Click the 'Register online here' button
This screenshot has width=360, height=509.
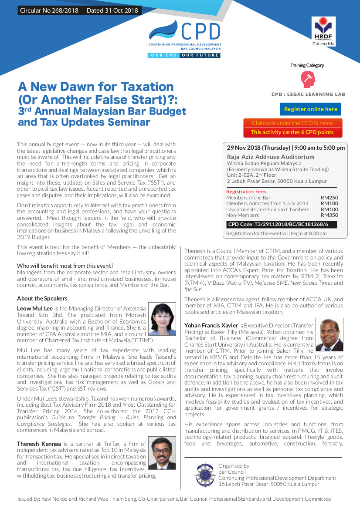(310, 109)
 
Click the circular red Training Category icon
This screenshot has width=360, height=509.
(308, 80)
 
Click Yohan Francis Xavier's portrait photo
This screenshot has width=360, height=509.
(329, 335)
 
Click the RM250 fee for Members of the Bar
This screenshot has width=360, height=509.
(329, 198)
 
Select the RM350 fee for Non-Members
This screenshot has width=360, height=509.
(329, 215)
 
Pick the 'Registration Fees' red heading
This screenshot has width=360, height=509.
(246, 192)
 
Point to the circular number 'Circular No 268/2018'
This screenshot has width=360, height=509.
(49, 10)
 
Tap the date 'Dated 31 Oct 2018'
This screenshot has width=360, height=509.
(112, 10)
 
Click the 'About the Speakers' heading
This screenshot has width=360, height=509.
(42, 298)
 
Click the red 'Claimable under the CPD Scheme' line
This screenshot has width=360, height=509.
(292, 123)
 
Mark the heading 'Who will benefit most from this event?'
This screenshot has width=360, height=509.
(65, 266)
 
